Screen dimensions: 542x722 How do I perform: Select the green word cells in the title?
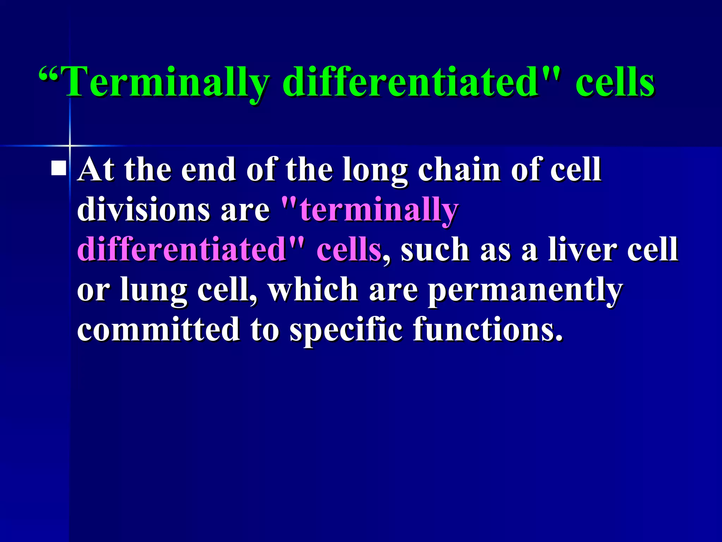[615, 83]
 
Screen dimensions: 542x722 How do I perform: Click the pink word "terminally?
[370, 210]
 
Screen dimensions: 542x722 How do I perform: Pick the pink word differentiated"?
[190, 250]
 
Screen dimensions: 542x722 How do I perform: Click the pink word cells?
[349, 250]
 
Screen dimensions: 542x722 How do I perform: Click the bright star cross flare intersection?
[70, 145]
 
